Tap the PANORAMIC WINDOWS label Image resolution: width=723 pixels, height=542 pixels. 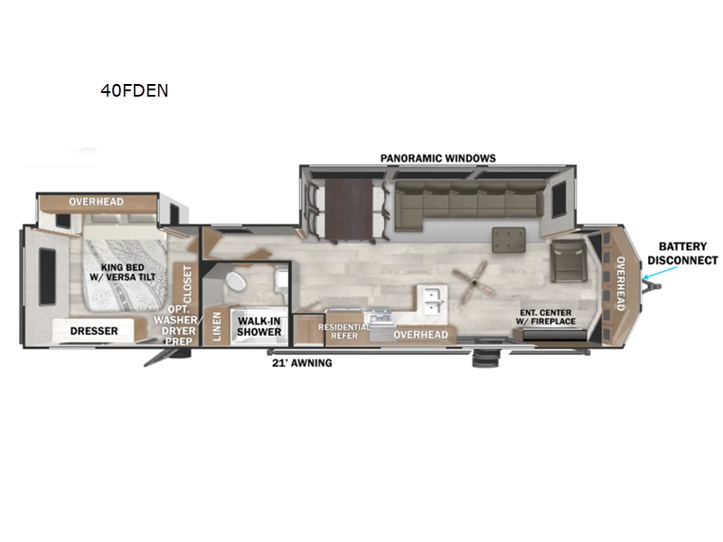pos(438,158)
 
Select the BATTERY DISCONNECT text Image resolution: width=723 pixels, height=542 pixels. pos(688,253)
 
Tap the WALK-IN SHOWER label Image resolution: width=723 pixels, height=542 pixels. pos(259,326)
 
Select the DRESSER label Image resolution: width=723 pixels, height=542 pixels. pos(94,331)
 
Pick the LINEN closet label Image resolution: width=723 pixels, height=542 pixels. pos(217,327)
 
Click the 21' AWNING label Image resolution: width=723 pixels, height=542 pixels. pos(302,363)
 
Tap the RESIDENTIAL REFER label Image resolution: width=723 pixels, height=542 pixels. pos(344,331)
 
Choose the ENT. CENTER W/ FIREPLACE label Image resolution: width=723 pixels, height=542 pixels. pos(546,318)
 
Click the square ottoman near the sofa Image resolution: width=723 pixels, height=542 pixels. pos(511,240)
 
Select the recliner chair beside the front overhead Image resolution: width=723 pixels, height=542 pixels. pos(568,259)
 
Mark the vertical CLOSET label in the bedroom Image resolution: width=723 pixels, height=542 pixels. pos(187,284)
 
